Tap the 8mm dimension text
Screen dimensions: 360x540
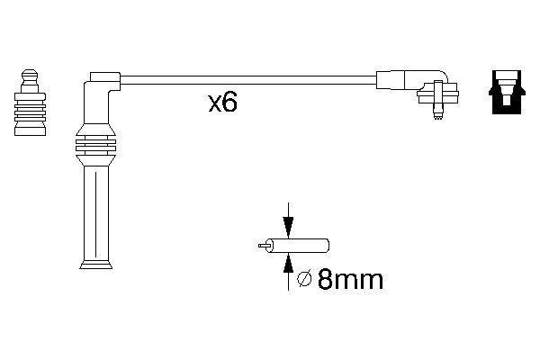click(x=348, y=280)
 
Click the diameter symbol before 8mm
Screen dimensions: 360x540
click(x=304, y=280)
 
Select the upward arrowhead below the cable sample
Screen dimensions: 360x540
click(x=287, y=261)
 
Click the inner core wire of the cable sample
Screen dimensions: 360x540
click(x=265, y=244)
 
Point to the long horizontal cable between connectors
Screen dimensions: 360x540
click(x=243, y=80)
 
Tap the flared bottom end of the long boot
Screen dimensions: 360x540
click(x=95, y=263)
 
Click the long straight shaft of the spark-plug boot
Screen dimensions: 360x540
click(x=95, y=211)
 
